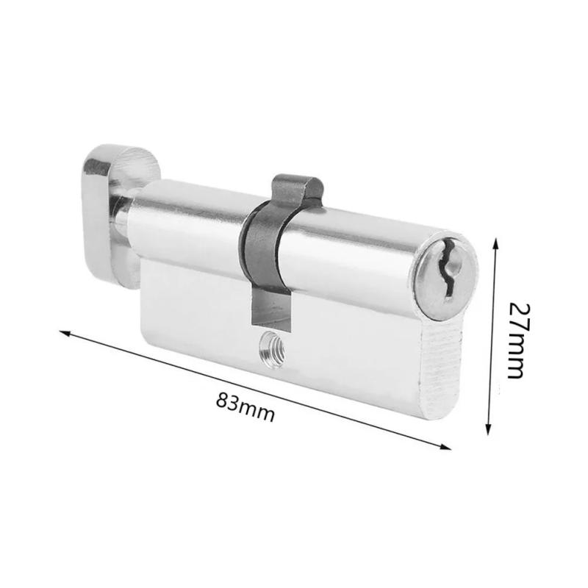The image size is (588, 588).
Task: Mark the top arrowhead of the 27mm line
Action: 497,243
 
